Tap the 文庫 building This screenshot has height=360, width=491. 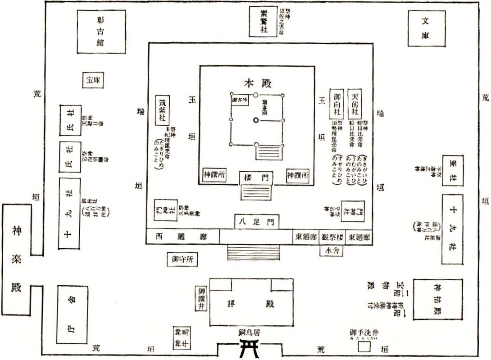click(426, 28)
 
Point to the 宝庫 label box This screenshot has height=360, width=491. click(94, 80)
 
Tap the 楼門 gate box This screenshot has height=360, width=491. click(256, 178)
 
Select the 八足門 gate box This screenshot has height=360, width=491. click(256, 221)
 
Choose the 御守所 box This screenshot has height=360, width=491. click(182, 260)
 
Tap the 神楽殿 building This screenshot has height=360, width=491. click(16, 260)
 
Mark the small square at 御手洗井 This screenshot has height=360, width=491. click(364, 347)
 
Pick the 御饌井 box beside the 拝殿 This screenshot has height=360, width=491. click(201, 298)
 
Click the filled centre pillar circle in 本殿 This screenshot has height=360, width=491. click(256, 120)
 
